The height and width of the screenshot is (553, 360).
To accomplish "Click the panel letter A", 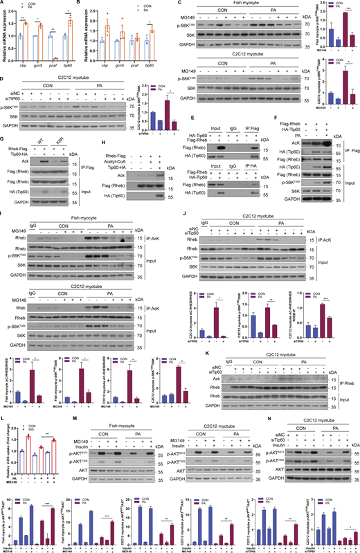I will (3, 3).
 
